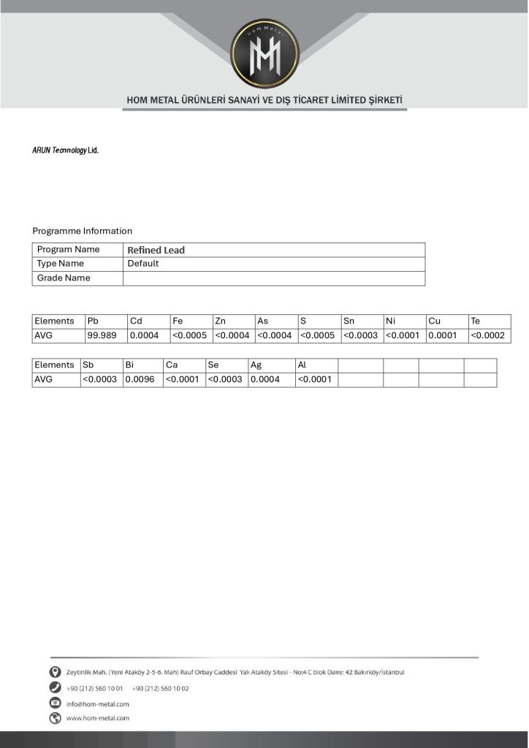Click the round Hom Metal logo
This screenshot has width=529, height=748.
[x=264, y=53]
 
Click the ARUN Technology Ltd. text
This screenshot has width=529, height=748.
[x=65, y=150]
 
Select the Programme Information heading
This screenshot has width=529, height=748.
[x=82, y=231]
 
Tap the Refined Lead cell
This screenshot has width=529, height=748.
[x=156, y=250]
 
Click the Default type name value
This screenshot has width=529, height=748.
[x=143, y=264]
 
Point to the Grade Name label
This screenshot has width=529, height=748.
[x=64, y=278]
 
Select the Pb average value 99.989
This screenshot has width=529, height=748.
[x=102, y=335]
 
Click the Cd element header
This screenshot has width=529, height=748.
[x=136, y=321]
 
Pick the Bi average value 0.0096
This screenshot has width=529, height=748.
[x=140, y=380]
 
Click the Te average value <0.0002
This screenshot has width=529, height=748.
[x=488, y=335]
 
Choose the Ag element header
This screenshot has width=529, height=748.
[x=256, y=365]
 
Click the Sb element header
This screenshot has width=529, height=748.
[x=88, y=365]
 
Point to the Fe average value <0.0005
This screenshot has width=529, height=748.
[x=190, y=335]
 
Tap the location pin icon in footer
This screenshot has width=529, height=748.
[x=55, y=672]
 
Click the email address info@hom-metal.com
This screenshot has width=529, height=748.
[x=97, y=704]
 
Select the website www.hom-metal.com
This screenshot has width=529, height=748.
[x=97, y=718]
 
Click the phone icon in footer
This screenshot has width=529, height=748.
[x=55, y=688]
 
